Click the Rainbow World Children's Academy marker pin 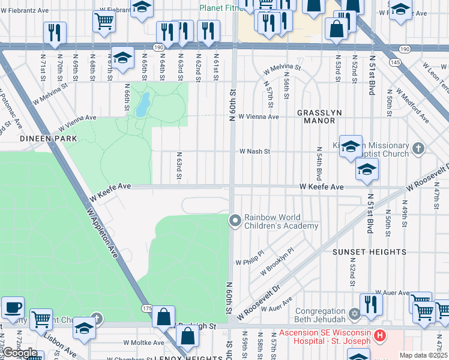235,222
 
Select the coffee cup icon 13,308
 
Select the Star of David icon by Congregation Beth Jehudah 354,313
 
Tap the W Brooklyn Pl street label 277,263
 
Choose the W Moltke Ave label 143,343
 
